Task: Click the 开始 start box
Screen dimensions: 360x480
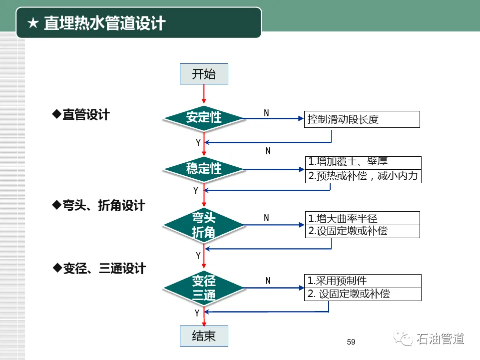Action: [x=204, y=74]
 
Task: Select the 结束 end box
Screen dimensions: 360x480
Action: [x=204, y=336]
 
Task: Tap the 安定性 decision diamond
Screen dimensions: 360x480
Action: [x=204, y=118]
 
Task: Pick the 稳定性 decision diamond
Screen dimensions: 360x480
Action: [x=204, y=169]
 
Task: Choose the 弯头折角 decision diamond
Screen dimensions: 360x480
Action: [x=204, y=225]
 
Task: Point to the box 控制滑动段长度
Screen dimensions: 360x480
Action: [x=362, y=119]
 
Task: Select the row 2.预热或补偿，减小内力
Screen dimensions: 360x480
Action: [x=363, y=176]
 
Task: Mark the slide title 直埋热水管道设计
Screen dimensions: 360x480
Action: [x=104, y=23]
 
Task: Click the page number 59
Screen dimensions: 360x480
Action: [x=351, y=342]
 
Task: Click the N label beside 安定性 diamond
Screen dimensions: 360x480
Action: [x=266, y=113]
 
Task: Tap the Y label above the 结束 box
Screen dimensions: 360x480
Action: [x=197, y=313]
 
